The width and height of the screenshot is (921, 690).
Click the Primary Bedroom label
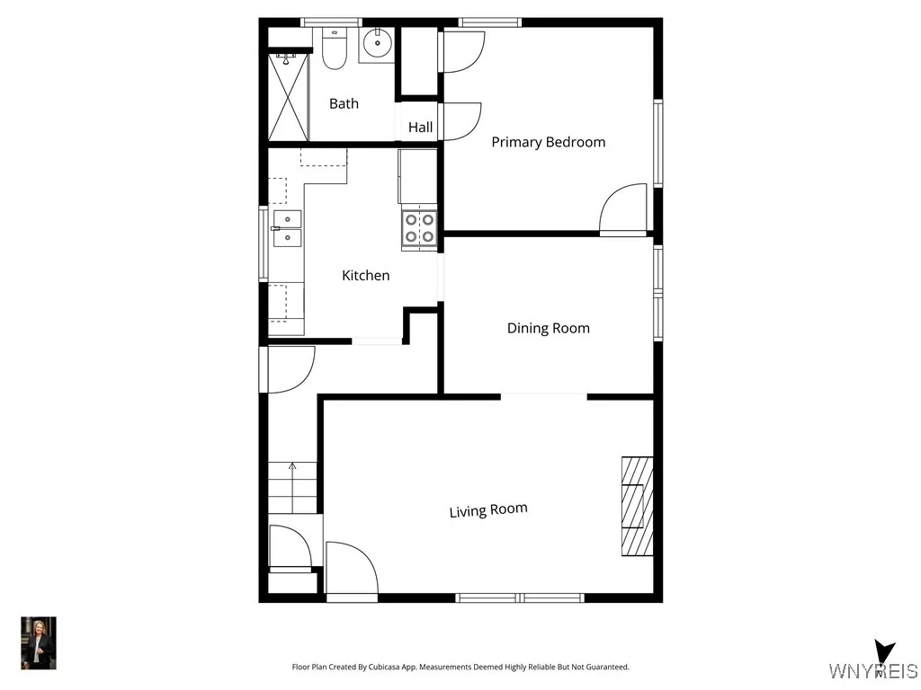pos(548,142)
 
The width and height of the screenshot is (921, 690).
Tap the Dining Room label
pos(548,328)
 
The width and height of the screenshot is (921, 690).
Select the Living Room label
pos(488,510)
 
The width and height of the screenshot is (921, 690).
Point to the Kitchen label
pos(365,275)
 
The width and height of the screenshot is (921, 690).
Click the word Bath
pos(344,103)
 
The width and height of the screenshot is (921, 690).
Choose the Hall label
pos(420,128)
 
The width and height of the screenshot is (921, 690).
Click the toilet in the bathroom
pos(335,49)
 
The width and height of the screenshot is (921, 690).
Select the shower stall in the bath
pos(289,97)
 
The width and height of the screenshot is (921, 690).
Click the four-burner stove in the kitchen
pos(418,227)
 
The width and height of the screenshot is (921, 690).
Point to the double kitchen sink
pos(288,228)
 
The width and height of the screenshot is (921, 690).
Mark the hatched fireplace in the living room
pos(637,507)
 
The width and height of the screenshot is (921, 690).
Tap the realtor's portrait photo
pos(38,642)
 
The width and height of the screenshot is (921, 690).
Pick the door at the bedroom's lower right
pos(623,209)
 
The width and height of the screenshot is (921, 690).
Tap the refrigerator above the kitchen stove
pos(417,176)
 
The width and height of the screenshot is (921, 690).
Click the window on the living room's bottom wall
pos(520,597)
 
